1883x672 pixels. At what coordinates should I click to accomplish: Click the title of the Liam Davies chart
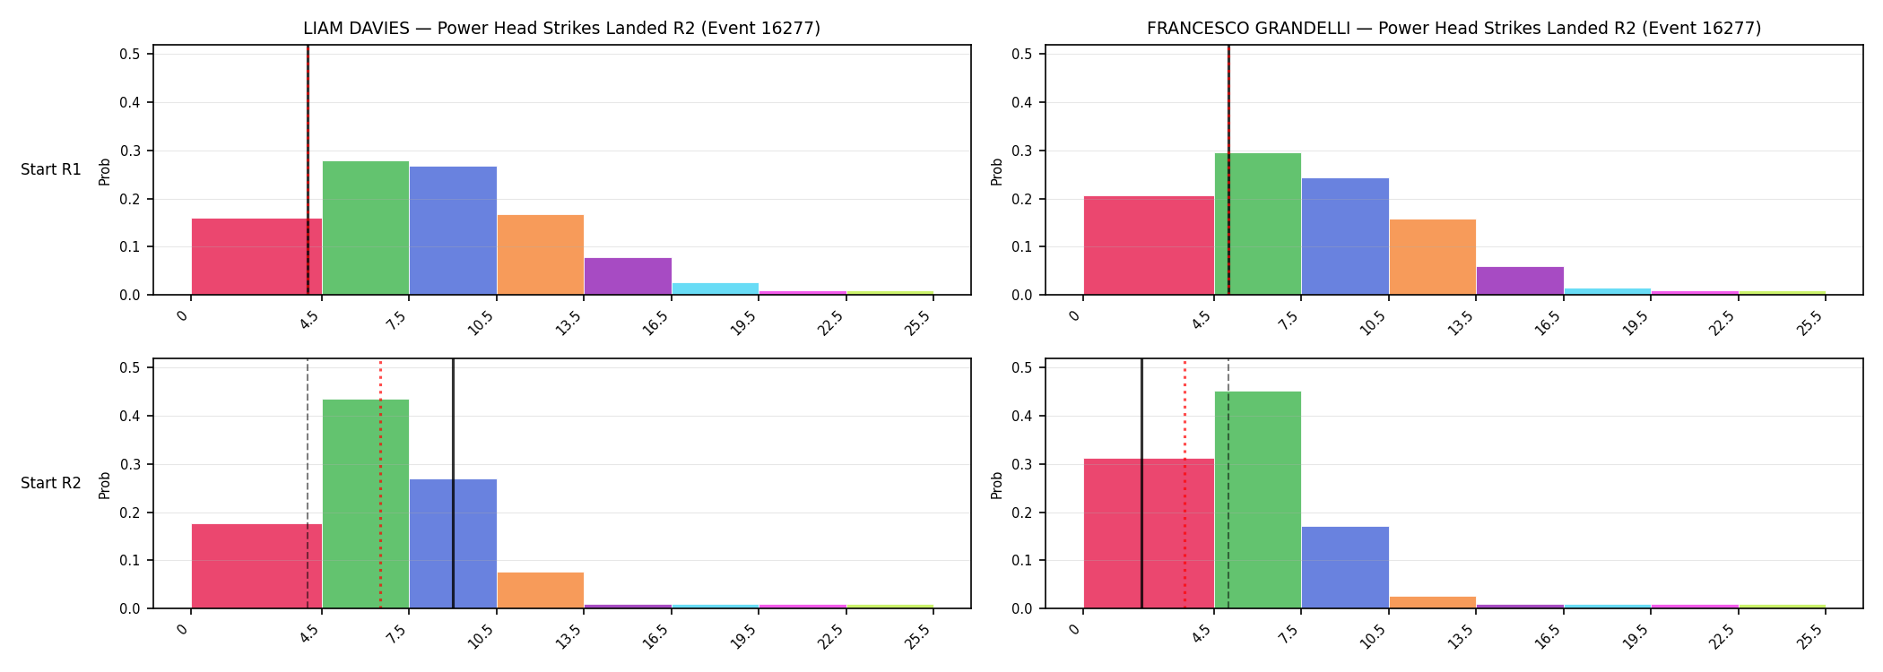click(561, 29)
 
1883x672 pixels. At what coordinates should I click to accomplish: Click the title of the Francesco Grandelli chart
click(1453, 29)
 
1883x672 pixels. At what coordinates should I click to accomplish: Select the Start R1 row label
click(51, 169)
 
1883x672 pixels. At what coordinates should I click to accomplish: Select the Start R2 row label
click(51, 483)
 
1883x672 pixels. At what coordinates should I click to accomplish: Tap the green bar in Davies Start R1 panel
click(366, 228)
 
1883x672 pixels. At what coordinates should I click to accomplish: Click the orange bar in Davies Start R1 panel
click(541, 254)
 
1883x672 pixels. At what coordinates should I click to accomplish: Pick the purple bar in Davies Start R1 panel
click(628, 276)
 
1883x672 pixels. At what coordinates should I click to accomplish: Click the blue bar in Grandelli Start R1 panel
click(1345, 237)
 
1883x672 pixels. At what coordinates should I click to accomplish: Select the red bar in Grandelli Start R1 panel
click(1149, 246)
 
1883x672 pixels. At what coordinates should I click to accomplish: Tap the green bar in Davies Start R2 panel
click(366, 504)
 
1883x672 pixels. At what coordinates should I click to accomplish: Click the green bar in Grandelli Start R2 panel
click(1258, 500)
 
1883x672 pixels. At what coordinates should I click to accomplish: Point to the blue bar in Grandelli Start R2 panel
click(1345, 567)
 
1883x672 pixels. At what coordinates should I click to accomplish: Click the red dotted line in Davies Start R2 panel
click(380, 484)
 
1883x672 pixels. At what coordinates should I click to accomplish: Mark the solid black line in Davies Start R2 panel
click(453, 484)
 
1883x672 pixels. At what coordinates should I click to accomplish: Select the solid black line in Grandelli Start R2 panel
click(1141, 484)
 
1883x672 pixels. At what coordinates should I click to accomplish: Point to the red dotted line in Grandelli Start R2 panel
click(1184, 484)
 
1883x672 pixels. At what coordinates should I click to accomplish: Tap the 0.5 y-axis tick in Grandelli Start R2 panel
click(1021, 367)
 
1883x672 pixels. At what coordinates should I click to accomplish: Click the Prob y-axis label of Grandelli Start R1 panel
click(997, 171)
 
